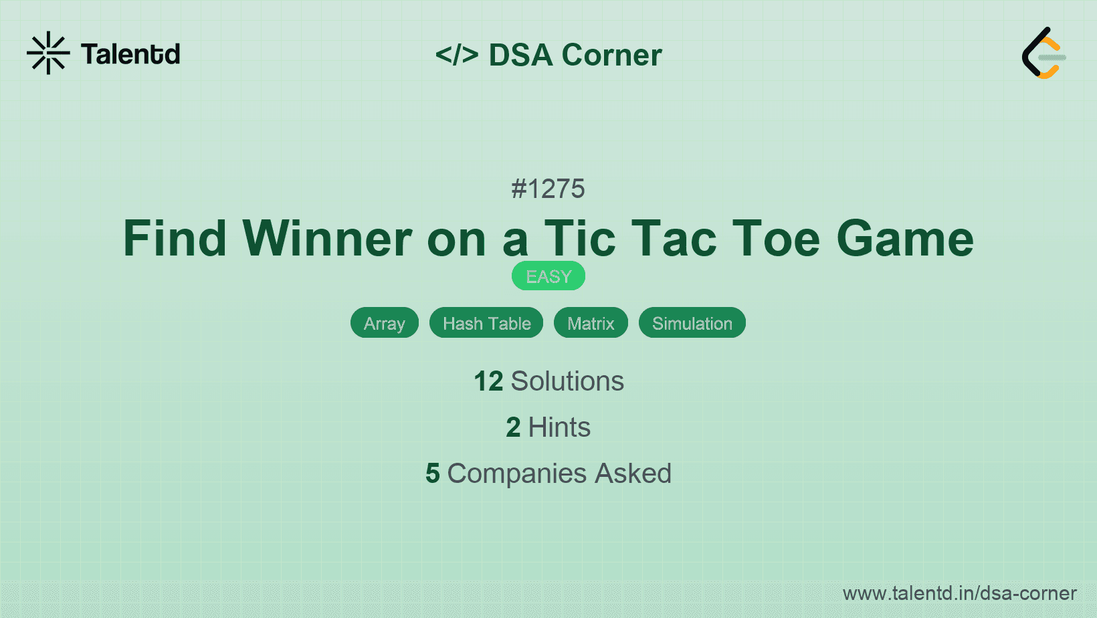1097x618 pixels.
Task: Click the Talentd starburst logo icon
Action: (48, 53)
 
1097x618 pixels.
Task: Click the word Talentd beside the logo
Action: (130, 54)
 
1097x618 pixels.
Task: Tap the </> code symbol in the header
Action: (457, 55)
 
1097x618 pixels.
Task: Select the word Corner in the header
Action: (611, 55)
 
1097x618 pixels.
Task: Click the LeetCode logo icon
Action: (1043, 54)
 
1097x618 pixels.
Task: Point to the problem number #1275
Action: (548, 189)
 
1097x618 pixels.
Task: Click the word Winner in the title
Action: (327, 238)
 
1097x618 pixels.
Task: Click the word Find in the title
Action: (175, 238)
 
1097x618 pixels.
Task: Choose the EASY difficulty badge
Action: (548, 276)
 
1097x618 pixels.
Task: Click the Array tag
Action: (385, 323)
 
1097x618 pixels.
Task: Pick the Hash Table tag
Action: (486, 323)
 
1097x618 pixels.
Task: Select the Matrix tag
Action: (591, 323)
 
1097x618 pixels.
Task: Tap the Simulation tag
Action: (692, 323)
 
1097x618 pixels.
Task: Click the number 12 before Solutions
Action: (488, 381)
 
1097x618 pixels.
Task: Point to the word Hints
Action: (559, 427)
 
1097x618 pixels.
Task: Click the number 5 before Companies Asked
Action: (433, 474)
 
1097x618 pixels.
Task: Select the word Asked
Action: (633, 474)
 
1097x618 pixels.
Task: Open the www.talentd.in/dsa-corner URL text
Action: (959, 593)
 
